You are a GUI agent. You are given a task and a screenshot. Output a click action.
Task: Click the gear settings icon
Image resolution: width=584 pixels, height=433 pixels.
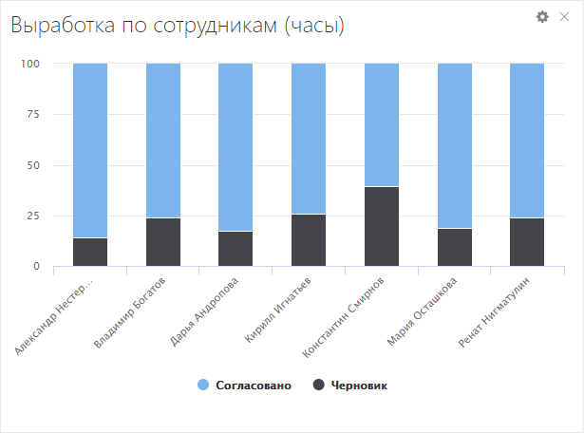[x=542, y=16]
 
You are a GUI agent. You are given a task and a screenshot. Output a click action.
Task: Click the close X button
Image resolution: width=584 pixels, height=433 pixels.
[x=564, y=16]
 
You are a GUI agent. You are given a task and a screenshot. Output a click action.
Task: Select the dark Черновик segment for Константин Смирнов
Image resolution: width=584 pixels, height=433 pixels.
[x=382, y=226]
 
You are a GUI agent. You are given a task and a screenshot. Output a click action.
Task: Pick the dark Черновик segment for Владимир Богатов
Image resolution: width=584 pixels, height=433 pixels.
[x=163, y=242]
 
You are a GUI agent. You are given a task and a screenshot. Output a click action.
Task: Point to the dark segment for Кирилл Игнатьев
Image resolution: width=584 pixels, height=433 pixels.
[x=309, y=240]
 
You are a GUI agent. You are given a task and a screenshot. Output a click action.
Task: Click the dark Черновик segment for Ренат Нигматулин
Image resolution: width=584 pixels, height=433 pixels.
[x=527, y=242]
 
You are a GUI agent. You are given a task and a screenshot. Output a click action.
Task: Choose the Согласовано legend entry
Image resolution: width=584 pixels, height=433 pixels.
[x=243, y=385]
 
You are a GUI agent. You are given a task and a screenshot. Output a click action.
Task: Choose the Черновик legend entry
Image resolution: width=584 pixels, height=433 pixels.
[x=350, y=385]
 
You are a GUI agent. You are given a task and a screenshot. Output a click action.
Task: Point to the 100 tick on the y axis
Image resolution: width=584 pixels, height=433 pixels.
[x=31, y=64]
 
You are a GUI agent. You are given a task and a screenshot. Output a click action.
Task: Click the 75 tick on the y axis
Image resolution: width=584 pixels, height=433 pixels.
[x=34, y=114]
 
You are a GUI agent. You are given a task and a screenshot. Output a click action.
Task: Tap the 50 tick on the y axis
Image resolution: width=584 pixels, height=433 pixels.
[x=34, y=165]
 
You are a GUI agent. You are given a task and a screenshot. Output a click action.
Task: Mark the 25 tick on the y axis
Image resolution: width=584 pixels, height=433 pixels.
[x=34, y=216]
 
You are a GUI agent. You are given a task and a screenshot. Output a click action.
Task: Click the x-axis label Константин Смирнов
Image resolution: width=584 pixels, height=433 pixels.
[x=345, y=318]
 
